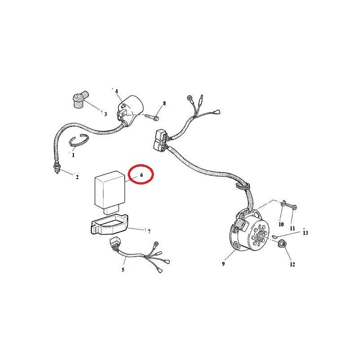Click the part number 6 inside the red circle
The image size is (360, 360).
[141, 175]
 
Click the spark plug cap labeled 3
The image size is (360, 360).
[80, 99]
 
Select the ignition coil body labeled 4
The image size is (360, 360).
[130, 108]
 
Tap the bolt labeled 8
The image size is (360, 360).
[152, 117]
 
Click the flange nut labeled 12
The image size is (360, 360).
[282, 244]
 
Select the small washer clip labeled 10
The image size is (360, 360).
[283, 203]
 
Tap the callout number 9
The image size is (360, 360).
[223, 264]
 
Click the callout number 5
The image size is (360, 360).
[123, 270]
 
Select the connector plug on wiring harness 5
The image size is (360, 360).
[115, 244]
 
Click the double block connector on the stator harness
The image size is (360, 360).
[161, 140]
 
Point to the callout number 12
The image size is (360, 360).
[292, 265]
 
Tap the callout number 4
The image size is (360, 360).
[117, 91]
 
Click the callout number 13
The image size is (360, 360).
[305, 233]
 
